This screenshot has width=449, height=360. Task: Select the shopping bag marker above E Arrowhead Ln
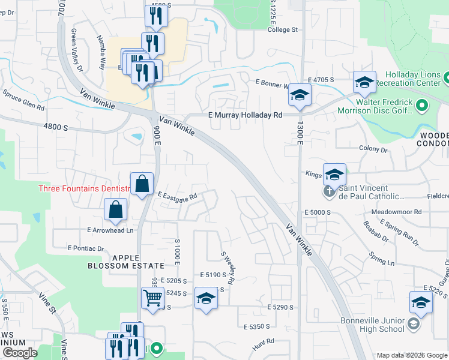pyautogui.click(x=116, y=210)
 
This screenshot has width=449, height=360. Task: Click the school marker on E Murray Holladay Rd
pyautogui.click(x=300, y=95)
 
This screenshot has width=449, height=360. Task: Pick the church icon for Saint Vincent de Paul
pyautogui.click(x=328, y=192)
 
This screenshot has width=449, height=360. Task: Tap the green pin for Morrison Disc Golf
pyautogui.click(x=421, y=106)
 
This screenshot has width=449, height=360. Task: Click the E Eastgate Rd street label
pyautogui.click(x=178, y=197)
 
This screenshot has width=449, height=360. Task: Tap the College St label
pyautogui.click(x=283, y=29)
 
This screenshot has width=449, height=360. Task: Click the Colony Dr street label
pyautogui.click(x=373, y=149)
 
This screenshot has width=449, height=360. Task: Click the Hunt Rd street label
pyautogui.click(x=263, y=341)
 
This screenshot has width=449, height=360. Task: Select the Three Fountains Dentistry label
pyautogui.click(x=83, y=188)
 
